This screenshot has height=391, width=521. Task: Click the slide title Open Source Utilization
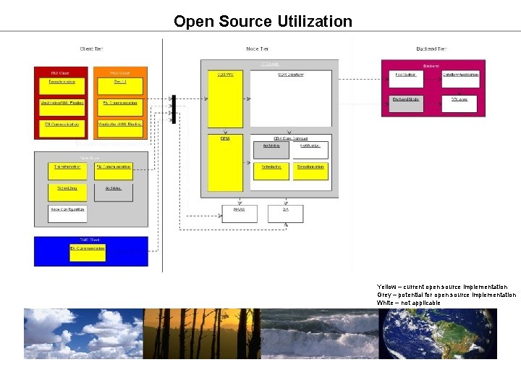tap(263, 21)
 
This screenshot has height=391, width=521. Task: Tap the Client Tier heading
tap(91, 49)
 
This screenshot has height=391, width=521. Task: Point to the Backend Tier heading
tap(431, 49)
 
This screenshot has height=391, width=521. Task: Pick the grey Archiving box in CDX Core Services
tap(271, 150)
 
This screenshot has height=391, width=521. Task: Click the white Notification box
tap(310, 150)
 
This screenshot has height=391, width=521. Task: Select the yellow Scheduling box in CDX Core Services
tap(271, 171)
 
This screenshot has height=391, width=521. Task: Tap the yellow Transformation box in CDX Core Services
tap(310, 171)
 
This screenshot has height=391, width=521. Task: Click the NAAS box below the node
tap(240, 213)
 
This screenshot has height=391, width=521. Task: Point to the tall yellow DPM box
tap(225, 163)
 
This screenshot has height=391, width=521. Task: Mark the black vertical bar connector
tap(173, 109)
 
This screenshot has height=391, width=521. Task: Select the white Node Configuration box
tap(67, 213)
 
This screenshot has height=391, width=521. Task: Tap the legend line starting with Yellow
tap(442, 287)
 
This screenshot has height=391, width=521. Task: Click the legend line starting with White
tap(408, 303)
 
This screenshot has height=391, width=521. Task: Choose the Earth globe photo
tap(438, 334)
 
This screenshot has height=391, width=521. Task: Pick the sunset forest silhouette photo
tap(201, 334)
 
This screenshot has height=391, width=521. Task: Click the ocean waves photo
tap(319, 334)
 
